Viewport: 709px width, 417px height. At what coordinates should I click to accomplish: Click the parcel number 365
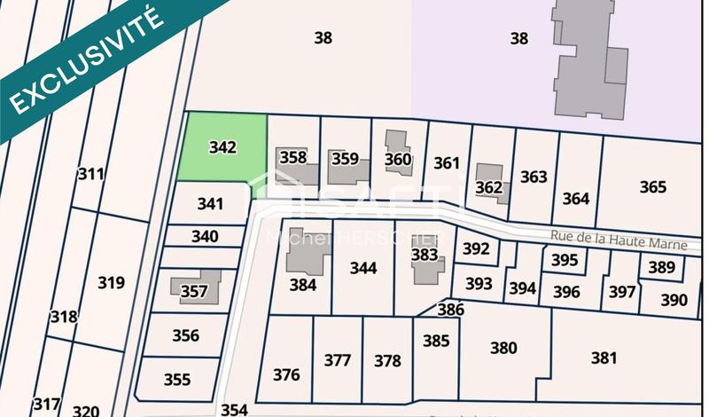[652, 187]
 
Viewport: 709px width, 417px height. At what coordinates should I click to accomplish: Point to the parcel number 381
[604, 358]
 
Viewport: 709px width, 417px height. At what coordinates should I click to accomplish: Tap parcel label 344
[363, 267]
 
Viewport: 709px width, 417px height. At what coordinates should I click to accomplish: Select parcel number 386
[450, 310]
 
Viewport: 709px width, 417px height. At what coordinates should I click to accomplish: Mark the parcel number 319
[111, 283]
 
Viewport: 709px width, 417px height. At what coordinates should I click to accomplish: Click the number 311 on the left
[90, 174]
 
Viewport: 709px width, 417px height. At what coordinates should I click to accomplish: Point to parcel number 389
[661, 267]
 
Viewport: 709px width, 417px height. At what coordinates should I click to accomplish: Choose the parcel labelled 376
[286, 374]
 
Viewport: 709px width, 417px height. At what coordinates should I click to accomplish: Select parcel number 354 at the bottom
[234, 409]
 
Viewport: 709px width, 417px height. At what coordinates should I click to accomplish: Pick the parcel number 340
[205, 237]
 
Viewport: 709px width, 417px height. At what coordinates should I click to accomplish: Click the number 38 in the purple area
[518, 38]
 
